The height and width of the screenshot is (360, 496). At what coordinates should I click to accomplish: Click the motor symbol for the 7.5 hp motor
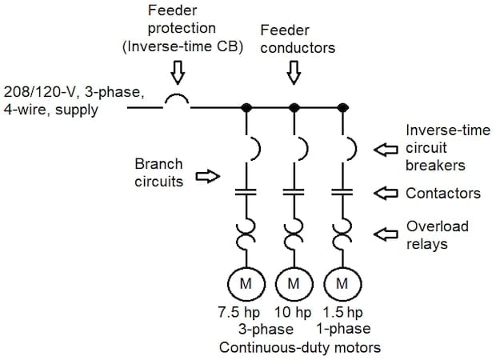243,283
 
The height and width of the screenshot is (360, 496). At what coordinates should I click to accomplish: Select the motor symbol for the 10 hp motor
293,283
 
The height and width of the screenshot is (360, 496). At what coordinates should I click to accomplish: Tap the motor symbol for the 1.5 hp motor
342,283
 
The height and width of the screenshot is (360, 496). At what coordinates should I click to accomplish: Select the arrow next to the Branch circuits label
207,177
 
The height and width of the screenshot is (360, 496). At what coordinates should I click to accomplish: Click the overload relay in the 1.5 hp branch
342,234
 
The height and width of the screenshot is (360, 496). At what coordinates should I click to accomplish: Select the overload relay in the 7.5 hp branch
243,234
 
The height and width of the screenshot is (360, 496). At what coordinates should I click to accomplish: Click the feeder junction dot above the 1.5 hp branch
342,106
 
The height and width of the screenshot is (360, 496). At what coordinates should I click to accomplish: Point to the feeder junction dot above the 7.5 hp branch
243,106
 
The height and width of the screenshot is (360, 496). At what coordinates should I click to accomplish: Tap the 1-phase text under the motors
338,329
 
